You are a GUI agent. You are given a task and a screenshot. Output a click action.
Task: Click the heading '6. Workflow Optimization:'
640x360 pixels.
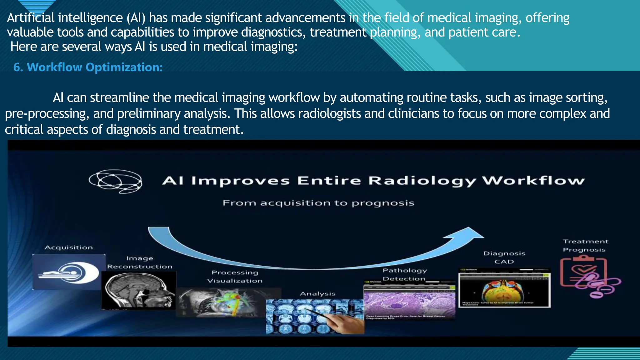[88, 67]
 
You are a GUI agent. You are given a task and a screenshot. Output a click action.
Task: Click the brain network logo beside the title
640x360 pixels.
[116, 181]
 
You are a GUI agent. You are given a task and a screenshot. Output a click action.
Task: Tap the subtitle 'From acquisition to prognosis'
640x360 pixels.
[318, 203]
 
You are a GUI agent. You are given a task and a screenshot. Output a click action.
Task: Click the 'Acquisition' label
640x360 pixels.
[69, 247]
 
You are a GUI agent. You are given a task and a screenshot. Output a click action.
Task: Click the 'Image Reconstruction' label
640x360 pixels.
[140, 262]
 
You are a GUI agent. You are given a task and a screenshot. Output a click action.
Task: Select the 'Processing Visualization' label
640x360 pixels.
[235, 277]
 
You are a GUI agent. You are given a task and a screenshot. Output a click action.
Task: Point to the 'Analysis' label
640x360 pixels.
[317, 294]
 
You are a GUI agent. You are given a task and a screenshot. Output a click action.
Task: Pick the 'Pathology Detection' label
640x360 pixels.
[404, 274]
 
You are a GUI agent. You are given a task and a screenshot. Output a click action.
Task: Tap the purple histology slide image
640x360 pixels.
[409, 303]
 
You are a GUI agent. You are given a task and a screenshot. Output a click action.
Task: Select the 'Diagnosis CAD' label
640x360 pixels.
[504, 257]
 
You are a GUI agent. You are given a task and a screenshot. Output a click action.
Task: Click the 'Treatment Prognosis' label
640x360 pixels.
[585, 246]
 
